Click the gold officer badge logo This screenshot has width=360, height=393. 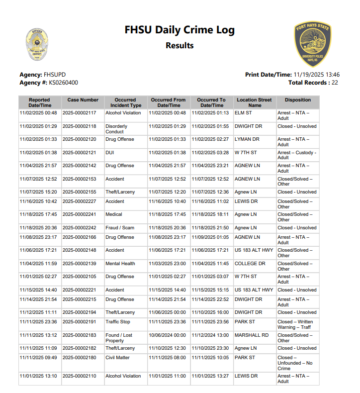coord(37,44)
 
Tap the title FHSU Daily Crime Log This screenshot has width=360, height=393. coord(180,30)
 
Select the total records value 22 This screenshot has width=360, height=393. coord(335,83)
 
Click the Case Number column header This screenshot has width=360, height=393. coord(83,100)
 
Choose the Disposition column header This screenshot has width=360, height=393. coord(298,100)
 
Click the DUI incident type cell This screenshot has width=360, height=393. coord(110,152)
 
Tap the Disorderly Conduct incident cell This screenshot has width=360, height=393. coord(116,129)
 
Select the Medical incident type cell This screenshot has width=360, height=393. coord(113,214)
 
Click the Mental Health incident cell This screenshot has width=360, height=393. coord(120,263)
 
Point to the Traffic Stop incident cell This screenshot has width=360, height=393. coord(117,322)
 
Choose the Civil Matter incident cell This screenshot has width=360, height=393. coord(117,358)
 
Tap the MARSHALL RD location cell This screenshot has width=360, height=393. coord(251,335)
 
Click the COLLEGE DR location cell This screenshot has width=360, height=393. coord(250,263)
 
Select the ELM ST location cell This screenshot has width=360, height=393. coord(243,113)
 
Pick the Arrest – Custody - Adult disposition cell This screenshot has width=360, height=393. coord(296,155)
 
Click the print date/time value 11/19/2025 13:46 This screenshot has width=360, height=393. coord(317,75)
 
